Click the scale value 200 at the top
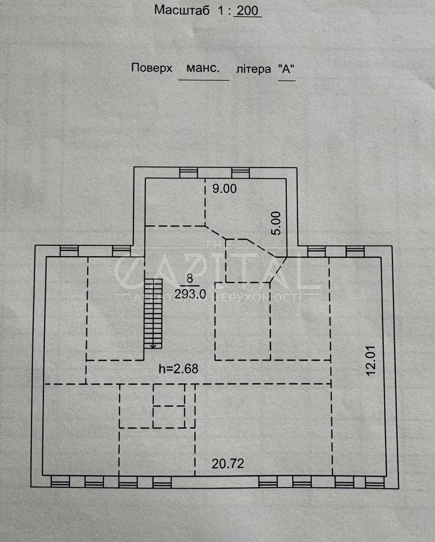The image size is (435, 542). click(248, 10)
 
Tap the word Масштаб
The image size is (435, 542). click(182, 10)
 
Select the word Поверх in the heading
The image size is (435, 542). click(152, 68)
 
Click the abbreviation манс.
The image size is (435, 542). click(203, 68)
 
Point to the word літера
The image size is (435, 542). click(253, 69)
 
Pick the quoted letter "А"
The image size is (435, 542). click(286, 69)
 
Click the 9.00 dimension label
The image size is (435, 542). click(224, 189)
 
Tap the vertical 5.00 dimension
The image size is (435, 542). click(276, 224)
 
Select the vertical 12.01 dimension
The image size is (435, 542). click(371, 361)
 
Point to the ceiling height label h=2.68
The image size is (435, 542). click(179, 369)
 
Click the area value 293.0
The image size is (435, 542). click(190, 294)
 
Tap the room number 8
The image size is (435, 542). click(189, 279)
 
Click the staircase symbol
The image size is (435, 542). click(153, 313)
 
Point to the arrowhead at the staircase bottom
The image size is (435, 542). click(153, 346)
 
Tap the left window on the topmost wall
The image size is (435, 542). click(189, 173)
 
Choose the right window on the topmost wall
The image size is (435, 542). click(240, 173)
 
